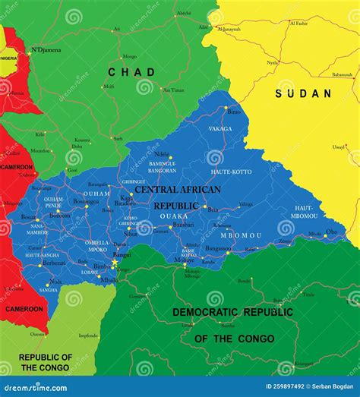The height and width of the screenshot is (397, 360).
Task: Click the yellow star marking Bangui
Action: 115,263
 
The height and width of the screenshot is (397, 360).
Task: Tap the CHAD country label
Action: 131,72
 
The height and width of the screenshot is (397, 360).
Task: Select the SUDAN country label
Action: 304,93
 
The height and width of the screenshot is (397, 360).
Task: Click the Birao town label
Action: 234,111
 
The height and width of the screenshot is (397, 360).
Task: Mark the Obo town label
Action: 331,232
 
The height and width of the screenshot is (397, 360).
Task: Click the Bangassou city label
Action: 218,247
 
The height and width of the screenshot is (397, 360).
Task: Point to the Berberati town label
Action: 54,262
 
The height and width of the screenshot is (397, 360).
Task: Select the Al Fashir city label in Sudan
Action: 299,24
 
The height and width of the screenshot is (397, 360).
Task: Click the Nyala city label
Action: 272,63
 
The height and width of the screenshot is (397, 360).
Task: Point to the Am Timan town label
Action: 173,90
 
